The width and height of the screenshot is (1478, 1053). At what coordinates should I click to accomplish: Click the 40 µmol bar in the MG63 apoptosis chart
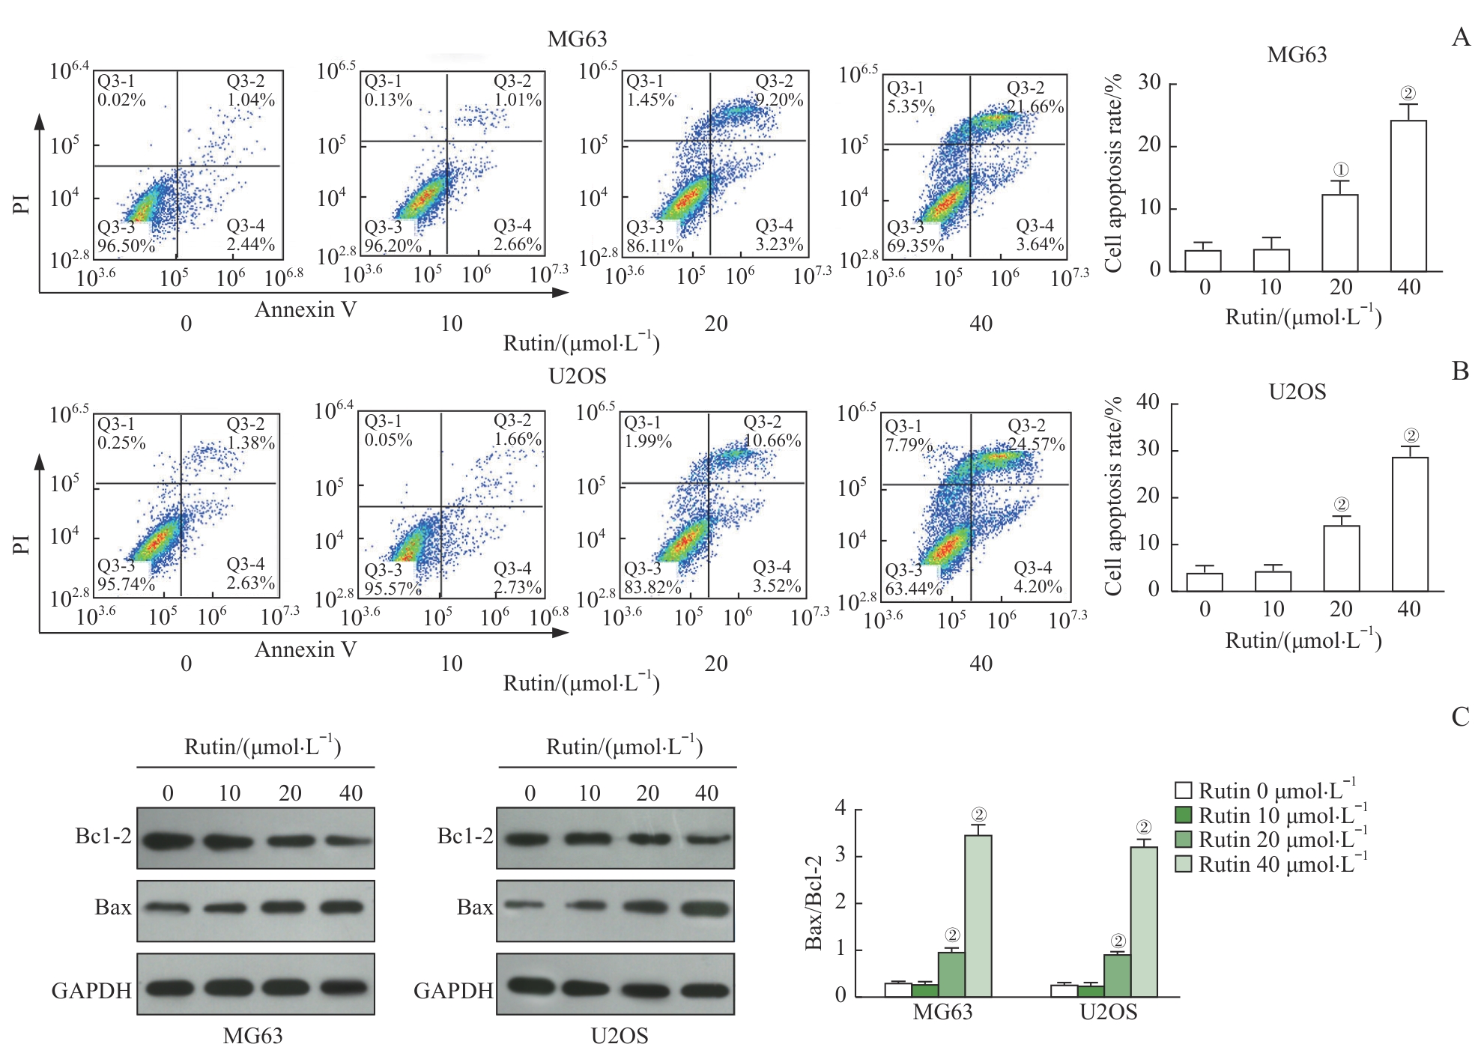click(1408, 195)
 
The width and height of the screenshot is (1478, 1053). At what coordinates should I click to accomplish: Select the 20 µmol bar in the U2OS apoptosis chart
click(1341, 558)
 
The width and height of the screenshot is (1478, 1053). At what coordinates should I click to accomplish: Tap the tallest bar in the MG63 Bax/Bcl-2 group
click(978, 915)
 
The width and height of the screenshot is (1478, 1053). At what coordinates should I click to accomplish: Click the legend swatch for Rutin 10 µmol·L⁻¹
click(1183, 815)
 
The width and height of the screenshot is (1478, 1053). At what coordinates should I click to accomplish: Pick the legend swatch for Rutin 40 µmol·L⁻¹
click(1183, 864)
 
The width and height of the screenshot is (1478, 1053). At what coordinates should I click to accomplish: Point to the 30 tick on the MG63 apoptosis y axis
click(1149, 83)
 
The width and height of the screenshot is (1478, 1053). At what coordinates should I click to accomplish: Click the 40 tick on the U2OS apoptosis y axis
click(1148, 403)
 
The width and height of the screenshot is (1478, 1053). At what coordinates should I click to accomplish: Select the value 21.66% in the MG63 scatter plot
click(1035, 106)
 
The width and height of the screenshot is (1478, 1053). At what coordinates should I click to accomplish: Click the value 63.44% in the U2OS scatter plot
click(913, 589)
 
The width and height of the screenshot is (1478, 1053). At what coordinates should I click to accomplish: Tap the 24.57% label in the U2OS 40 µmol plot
click(1036, 444)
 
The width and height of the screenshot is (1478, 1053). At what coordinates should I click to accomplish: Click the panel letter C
click(1460, 717)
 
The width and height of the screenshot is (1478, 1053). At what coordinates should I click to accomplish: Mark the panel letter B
click(1460, 371)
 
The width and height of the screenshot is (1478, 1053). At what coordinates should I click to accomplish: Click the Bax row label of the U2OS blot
click(475, 908)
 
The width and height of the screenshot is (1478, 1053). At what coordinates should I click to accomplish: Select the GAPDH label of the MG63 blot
click(91, 991)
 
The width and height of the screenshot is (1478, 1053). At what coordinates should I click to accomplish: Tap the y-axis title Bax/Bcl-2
click(814, 902)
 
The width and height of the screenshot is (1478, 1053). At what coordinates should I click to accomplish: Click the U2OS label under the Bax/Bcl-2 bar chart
click(1108, 1013)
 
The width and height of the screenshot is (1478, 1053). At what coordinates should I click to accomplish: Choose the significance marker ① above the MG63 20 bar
click(1341, 170)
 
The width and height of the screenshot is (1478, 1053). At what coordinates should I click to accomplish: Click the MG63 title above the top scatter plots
click(577, 39)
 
